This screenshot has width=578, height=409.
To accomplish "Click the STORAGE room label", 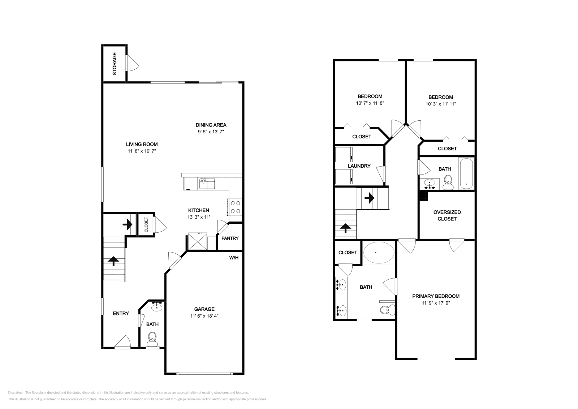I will coord(115,64).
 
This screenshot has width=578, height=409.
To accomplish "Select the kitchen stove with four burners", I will coord(235,207).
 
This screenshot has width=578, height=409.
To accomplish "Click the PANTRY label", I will coord(230,238).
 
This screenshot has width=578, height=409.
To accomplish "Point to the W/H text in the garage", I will coord(234,258).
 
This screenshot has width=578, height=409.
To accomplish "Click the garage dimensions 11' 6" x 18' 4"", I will coord(204,316).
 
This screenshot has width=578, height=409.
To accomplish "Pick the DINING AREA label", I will coord(211,125).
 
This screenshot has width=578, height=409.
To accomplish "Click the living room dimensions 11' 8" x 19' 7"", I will coord(142,151).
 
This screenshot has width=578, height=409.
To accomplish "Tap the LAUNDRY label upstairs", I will coord(359,166).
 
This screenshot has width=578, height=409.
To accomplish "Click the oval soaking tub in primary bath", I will coord(379,253).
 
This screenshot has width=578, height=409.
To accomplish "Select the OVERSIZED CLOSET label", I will coord(447,215).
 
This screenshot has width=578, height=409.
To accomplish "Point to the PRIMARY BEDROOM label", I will coord(436,296).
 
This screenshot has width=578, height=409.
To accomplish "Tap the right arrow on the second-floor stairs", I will coord(369,198).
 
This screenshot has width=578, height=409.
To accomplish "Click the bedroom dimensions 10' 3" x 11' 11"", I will coord(441,104).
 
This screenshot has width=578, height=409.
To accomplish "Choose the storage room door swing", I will coord(132,63).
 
